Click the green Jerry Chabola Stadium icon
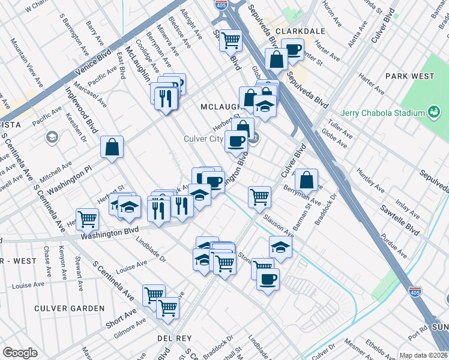click(x=433, y=112)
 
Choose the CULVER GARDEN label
click(x=69, y=308)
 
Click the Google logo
click(x=20, y=353)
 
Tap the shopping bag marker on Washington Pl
click(x=112, y=147)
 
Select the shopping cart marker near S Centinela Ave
click(x=88, y=218)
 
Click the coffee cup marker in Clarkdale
click(x=292, y=49)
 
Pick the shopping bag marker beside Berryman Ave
click(x=306, y=179)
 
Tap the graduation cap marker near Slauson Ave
click(x=280, y=247)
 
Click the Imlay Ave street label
click(x=408, y=209)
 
